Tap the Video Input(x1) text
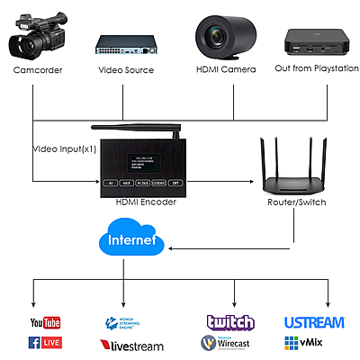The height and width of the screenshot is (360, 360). [66, 148]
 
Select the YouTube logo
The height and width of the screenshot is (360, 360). [44, 322]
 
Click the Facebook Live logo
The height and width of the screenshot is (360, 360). [45, 342]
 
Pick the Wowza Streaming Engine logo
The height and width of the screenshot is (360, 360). [126, 323]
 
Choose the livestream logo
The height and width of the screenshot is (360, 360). [130, 345]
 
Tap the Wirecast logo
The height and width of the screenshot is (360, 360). [229, 343]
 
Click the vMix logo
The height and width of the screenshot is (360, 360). [303, 343]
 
